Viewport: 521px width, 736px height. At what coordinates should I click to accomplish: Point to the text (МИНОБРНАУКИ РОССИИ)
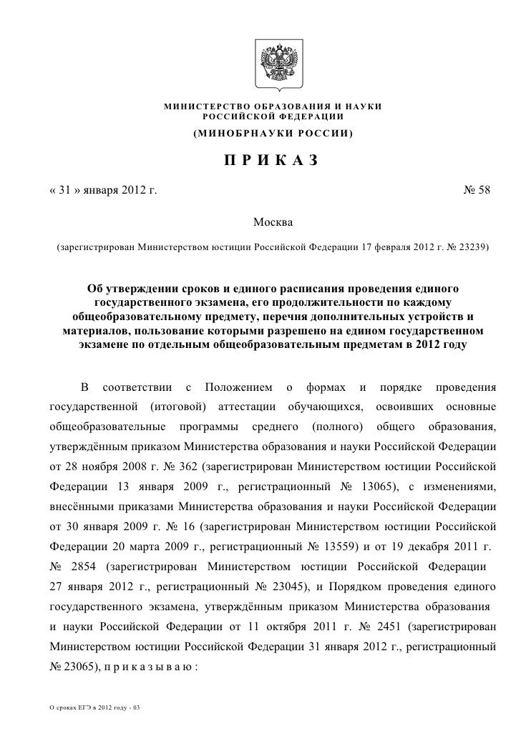(x=273, y=134)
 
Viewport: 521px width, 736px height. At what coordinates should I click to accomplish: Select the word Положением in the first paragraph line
(x=239, y=388)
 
